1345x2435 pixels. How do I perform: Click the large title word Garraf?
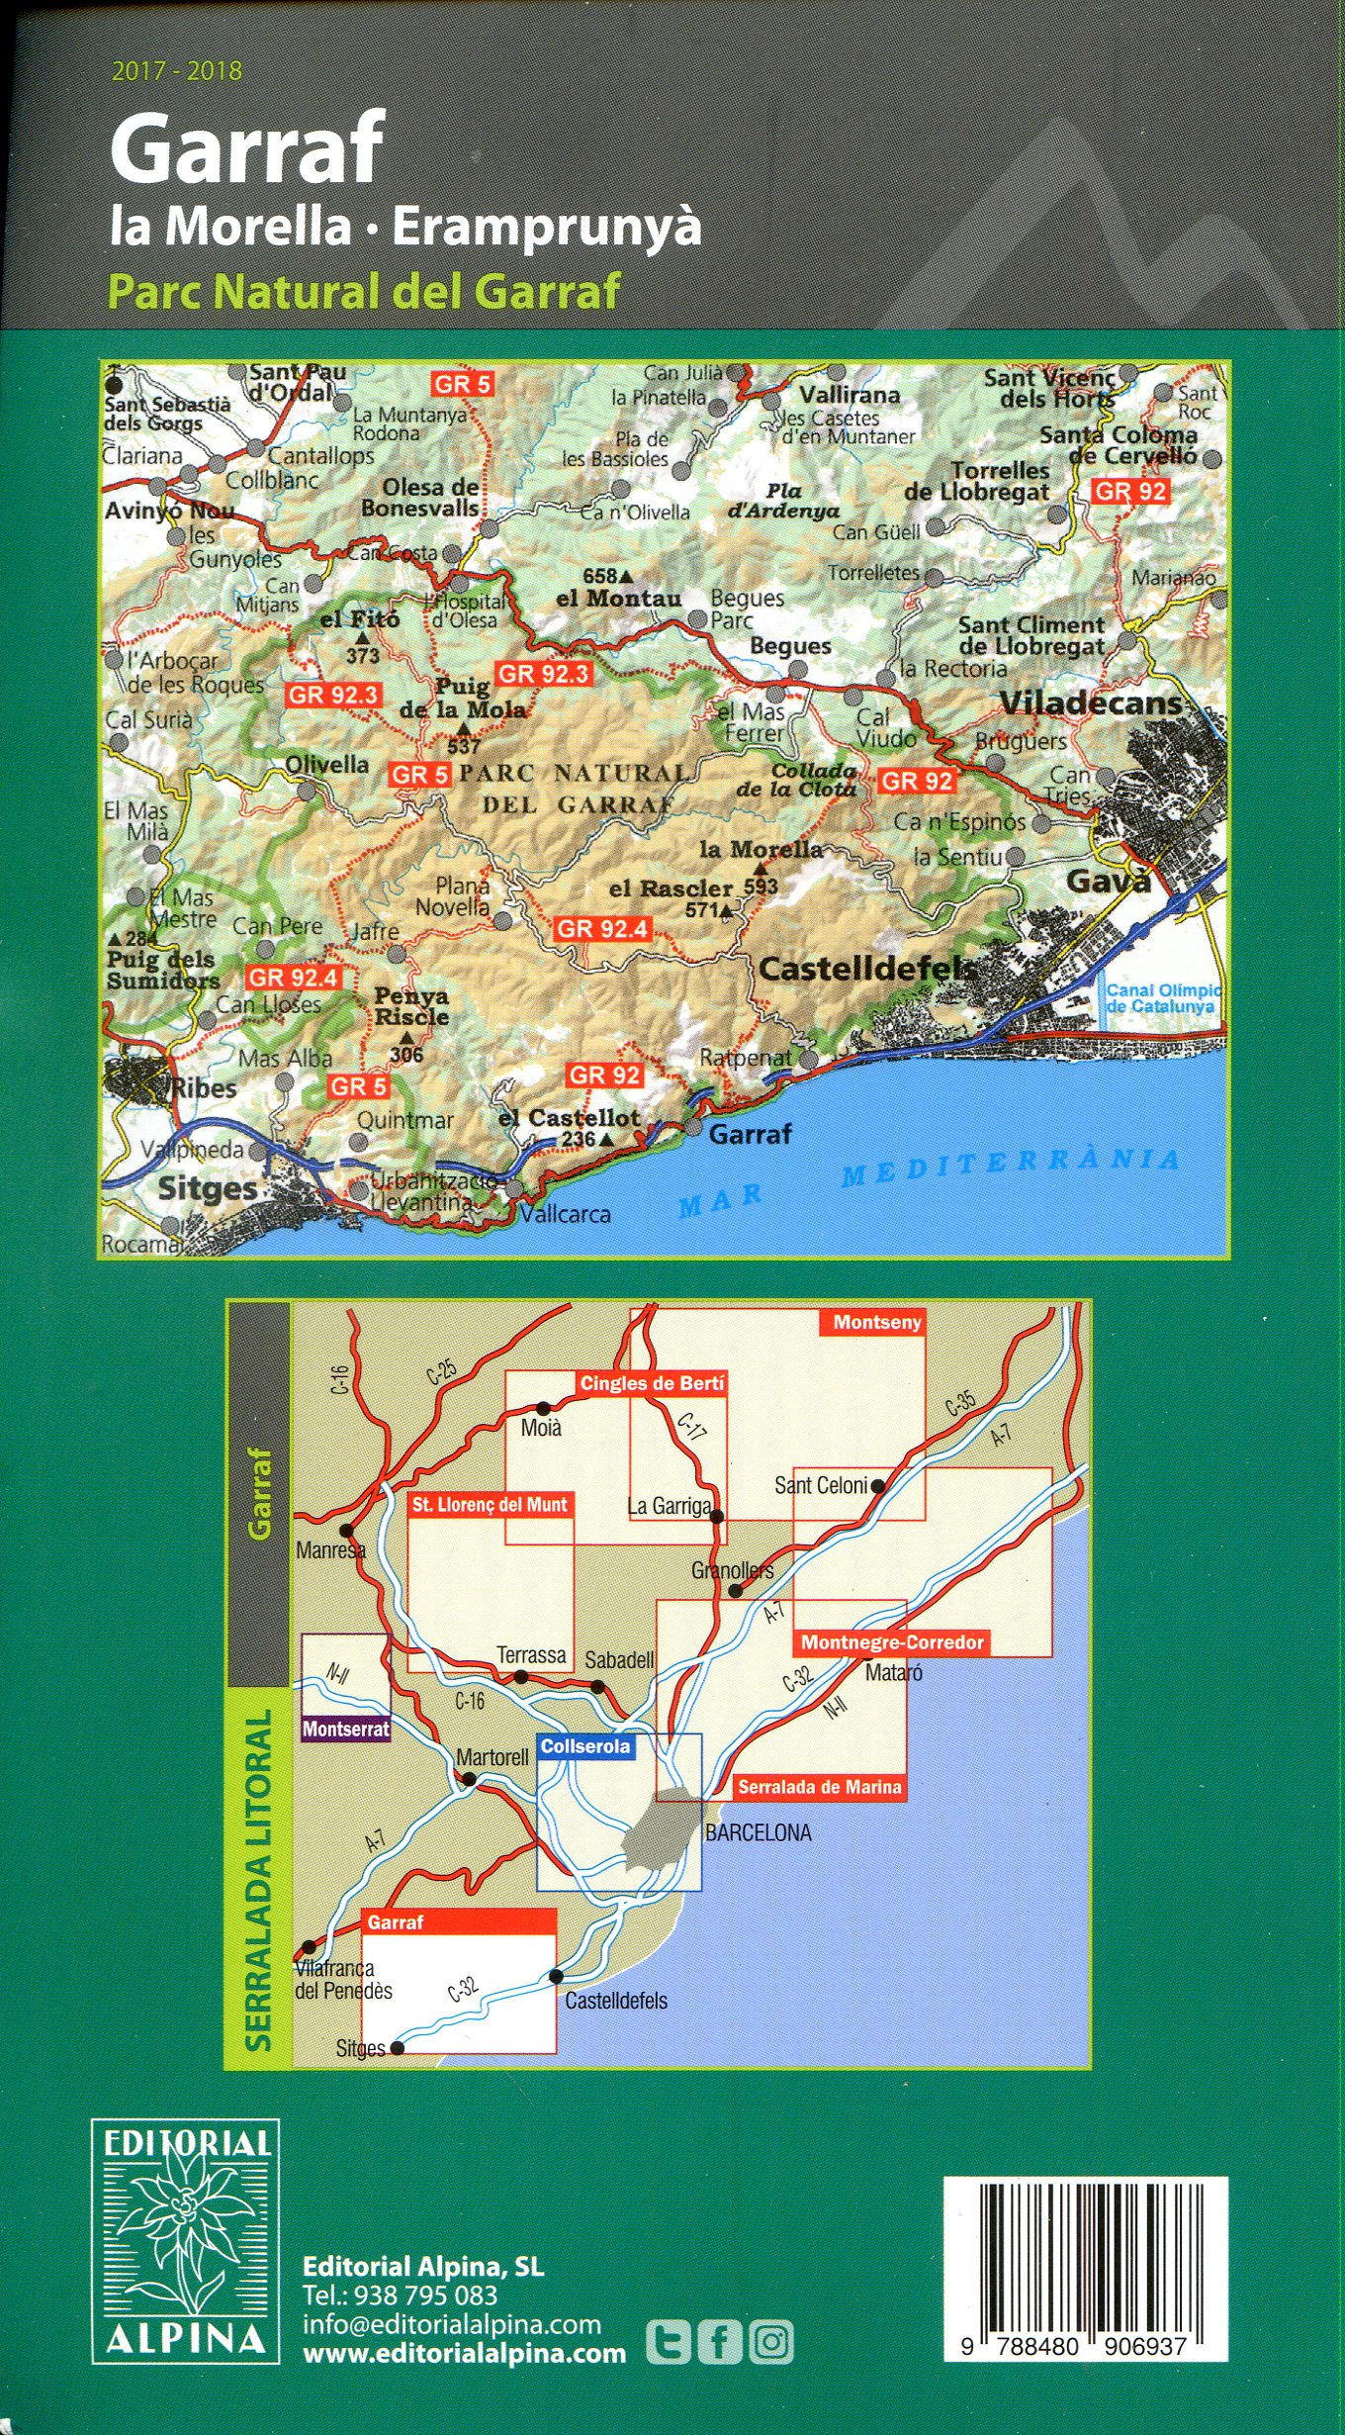tap(246, 148)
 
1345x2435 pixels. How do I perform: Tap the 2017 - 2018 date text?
tap(177, 71)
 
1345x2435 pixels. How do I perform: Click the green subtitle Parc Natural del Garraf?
tap(363, 292)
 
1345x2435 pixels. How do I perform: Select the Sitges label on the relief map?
tap(207, 1187)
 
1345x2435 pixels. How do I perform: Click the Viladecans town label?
tap(1090, 702)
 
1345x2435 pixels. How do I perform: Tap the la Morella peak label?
tap(761, 849)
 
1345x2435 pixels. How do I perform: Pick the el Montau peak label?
tap(618, 598)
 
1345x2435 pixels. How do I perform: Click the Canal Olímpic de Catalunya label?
tap(1163, 998)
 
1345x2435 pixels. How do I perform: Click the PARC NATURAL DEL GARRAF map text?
tap(574, 789)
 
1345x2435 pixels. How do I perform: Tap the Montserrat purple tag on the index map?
tap(346, 1731)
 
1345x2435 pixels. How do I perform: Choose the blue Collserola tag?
tap(584, 1747)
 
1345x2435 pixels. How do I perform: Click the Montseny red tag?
tap(876, 1323)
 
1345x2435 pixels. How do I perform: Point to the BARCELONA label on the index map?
tap(758, 1832)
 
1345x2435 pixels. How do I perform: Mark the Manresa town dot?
tap(346, 1530)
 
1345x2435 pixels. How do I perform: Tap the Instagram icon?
tap(771, 2342)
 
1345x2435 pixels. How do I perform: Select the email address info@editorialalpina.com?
tap(452, 2325)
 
